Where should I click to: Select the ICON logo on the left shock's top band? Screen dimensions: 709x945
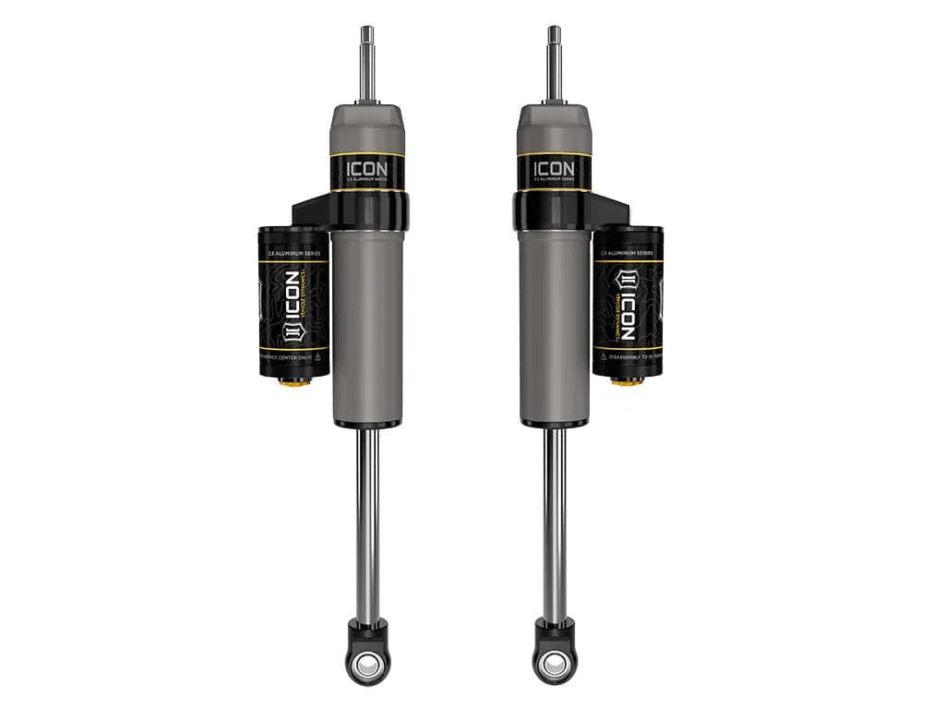click(368, 170)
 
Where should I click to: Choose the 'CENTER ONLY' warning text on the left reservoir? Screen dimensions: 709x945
click(293, 354)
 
